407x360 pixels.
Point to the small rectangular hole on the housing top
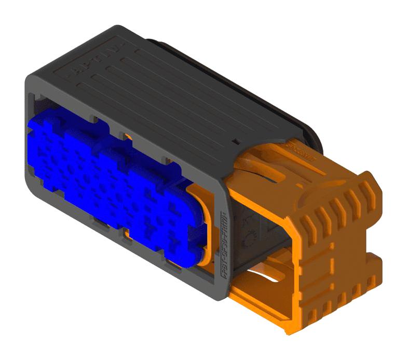(x=236, y=140)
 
